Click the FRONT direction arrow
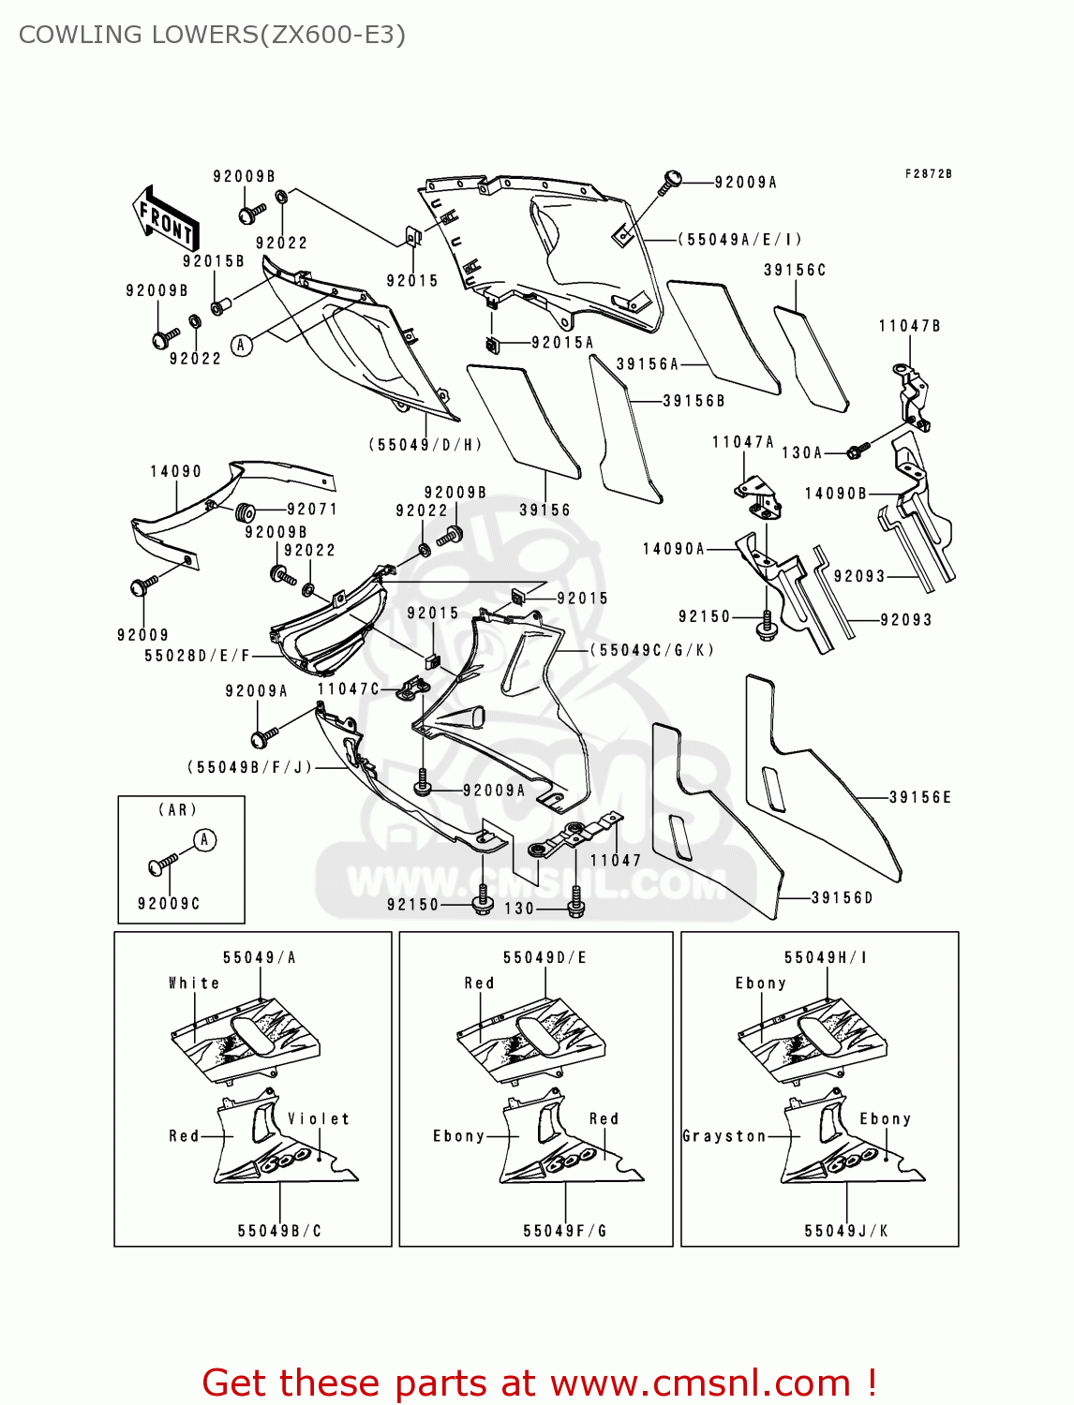coord(165,218)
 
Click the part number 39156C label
coord(795,270)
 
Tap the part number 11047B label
coord(909,326)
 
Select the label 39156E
coord(919,797)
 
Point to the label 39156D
coord(842,897)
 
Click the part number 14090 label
coord(175,471)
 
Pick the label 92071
coord(312,510)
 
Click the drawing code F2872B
coord(928,174)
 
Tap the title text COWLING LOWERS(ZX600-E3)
coord(212,35)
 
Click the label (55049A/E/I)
coord(739,240)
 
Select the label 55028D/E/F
coord(197,656)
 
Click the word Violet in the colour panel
coord(319,1118)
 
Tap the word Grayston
coord(724,1136)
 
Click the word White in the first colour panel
coord(194,983)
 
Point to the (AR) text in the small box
coord(177,809)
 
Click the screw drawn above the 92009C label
coord(163,864)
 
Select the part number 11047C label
coord(348,688)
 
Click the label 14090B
coord(836,493)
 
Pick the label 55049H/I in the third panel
coord(826,957)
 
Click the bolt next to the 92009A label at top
coord(669,182)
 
